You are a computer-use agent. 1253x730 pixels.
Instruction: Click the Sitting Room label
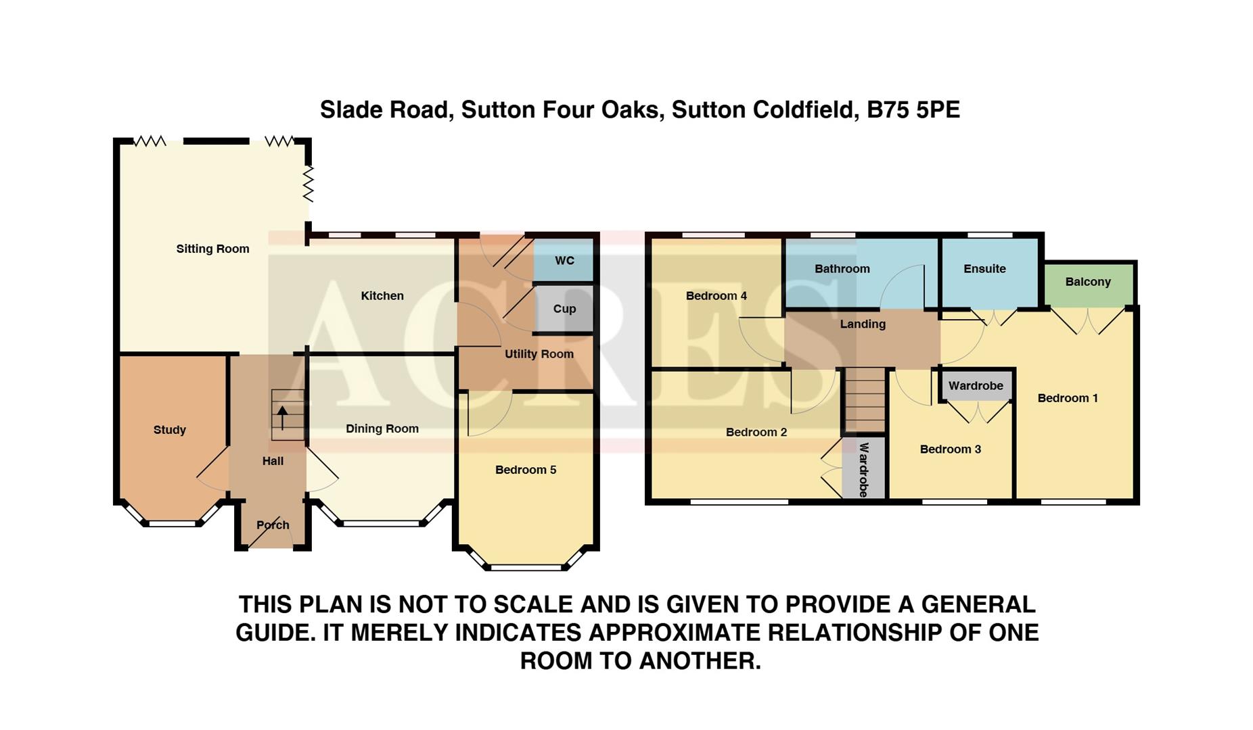point(212,249)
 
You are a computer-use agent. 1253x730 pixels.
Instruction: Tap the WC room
point(564,261)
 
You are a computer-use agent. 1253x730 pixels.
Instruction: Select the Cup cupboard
point(564,309)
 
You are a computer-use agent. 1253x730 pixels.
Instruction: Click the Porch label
point(273,525)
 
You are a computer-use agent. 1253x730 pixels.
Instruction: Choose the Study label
point(169,430)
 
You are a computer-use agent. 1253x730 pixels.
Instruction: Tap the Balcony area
point(1088,283)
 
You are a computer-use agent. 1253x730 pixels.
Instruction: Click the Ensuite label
point(984,269)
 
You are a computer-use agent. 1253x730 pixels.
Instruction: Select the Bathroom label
point(842,269)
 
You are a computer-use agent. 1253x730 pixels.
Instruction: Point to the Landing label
point(863,324)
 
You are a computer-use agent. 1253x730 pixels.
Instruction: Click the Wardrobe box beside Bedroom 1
point(976,386)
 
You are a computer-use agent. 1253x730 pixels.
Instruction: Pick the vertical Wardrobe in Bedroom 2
point(863,469)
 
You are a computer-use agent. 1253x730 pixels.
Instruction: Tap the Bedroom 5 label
point(526,470)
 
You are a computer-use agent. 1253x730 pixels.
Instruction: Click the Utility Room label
point(539,354)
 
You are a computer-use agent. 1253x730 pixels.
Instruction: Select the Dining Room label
point(382,429)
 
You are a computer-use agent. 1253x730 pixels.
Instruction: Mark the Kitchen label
point(382,296)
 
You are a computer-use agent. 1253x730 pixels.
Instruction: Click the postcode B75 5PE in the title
point(913,110)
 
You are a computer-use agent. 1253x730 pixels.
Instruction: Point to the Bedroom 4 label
point(716,296)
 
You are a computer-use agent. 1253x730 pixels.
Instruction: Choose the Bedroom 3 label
point(950,449)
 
